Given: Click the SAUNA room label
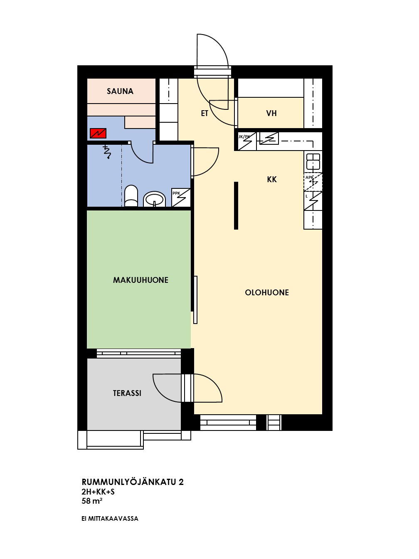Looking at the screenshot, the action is coord(120,91).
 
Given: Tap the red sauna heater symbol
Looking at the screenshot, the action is coord(98,133).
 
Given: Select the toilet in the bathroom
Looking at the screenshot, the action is coord(131,196).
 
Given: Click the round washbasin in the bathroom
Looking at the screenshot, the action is coord(154,199).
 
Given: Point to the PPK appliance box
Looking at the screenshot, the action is coord(181,198).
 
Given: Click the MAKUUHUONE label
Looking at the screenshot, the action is coord(140,280).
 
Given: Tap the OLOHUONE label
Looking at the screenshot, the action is coord(267,292).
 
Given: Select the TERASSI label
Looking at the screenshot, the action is coord(127,393).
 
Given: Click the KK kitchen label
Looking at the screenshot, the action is coord(272,180).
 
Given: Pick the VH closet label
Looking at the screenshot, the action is coord(271,113).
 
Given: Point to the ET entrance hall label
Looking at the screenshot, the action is coord(205,113).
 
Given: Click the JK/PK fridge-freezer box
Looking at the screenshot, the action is coord(247,141).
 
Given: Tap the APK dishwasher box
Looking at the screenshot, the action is coord(313,182).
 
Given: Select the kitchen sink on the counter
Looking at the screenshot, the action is coord(313,161).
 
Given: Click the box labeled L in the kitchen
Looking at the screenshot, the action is coord(313,200).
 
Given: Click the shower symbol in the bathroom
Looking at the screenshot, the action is coord(107,152).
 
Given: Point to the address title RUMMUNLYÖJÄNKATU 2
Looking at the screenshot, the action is coord(133,482).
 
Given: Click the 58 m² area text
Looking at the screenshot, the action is coord(92,501).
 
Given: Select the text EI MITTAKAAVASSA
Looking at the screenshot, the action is coord(110,519).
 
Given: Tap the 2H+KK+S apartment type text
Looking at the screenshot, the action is coord(98,492).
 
